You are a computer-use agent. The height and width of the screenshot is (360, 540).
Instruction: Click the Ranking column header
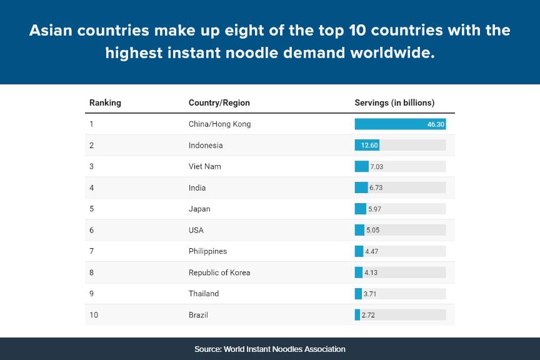click(105, 102)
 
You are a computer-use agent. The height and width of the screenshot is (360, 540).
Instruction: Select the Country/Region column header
click(219, 102)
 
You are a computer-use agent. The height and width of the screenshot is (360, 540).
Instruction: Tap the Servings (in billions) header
click(394, 102)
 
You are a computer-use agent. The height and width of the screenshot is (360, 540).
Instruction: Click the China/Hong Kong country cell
click(219, 124)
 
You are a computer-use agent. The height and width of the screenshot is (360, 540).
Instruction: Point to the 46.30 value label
click(436, 124)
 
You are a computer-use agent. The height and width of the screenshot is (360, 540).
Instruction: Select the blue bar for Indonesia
click(367, 145)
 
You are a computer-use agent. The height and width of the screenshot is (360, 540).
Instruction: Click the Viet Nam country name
click(204, 166)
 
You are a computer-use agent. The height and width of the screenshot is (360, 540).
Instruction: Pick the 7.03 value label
click(376, 167)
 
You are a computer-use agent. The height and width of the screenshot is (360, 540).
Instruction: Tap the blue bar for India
click(361, 187)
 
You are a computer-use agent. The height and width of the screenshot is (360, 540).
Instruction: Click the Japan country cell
click(199, 209)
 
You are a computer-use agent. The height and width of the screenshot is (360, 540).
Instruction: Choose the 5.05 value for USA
click(372, 230)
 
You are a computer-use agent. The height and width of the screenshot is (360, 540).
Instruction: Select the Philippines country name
click(207, 251)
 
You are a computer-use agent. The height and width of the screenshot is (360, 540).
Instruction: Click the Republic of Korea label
click(219, 272)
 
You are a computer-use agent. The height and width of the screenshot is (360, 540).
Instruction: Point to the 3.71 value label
click(371, 294)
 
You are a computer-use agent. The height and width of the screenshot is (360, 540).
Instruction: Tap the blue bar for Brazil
click(357, 315)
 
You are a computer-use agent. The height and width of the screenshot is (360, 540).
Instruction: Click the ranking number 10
click(94, 315)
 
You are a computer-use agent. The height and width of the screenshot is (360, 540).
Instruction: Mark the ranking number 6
click(91, 230)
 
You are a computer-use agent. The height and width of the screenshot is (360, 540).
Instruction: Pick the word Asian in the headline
click(52, 30)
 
